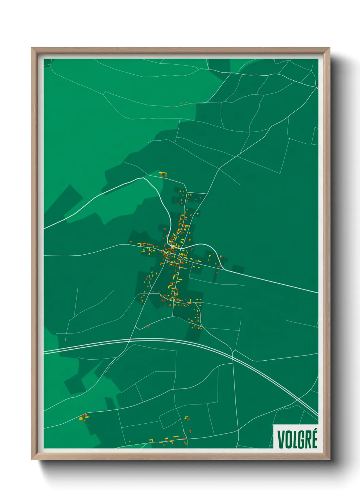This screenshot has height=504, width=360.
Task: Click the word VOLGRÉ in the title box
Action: point(297,439)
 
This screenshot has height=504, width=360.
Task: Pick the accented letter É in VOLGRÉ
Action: point(314,439)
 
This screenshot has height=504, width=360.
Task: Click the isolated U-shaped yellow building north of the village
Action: point(163,174)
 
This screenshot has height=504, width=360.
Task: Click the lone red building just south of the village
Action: point(148,326)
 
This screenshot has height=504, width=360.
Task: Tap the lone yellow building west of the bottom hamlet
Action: point(129,441)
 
